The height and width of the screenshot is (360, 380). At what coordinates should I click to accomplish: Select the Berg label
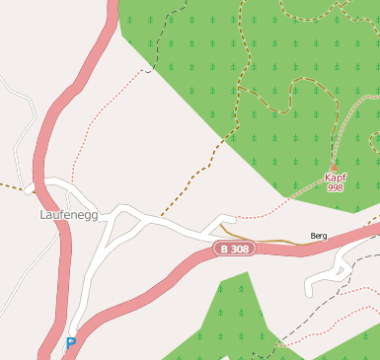click(x=318, y=236)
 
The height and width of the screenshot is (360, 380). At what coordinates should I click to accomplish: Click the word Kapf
click(x=336, y=178)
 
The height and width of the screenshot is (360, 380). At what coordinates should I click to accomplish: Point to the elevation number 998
click(x=336, y=187)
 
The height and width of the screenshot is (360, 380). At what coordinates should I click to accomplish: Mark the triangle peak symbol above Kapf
click(x=334, y=167)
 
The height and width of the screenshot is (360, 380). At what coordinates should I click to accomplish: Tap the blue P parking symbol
click(x=71, y=343)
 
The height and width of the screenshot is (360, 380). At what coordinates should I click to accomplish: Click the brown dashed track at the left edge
click(x=10, y=184)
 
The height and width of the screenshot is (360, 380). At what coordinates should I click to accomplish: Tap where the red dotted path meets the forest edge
click(x=148, y=71)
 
